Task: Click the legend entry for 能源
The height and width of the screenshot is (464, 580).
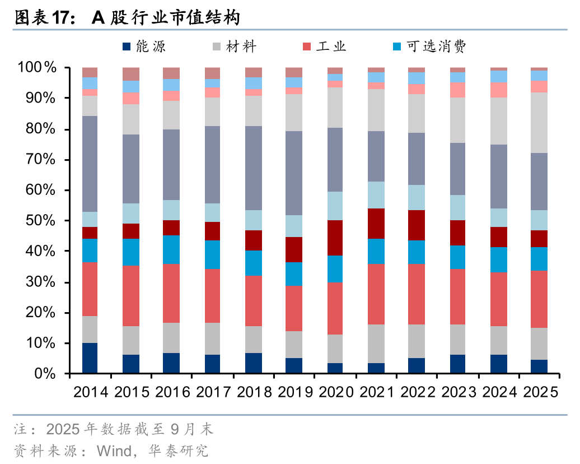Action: pyautogui.click(x=144, y=47)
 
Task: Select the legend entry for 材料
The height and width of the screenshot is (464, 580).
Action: pyautogui.click(x=235, y=47)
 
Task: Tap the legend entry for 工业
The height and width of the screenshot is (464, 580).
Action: pyautogui.click(x=325, y=47)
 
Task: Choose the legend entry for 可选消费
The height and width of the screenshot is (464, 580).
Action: pyautogui.click(x=429, y=47)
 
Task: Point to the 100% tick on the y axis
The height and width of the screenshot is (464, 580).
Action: pyautogui.click(x=38, y=68)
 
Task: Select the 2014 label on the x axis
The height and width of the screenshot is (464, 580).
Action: pyautogui.click(x=90, y=392)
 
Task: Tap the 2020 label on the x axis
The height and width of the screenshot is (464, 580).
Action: pyautogui.click(x=335, y=392)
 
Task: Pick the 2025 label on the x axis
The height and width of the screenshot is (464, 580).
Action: pyautogui.click(x=539, y=392)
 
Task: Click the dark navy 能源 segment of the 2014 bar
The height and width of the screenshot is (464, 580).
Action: pyautogui.click(x=90, y=358)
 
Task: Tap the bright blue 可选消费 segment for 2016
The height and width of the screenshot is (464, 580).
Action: pyautogui.click(x=171, y=249)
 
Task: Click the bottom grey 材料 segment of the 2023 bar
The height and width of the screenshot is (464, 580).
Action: pyautogui.click(x=457, y=340)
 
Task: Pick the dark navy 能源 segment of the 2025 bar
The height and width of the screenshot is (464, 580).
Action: pyautogui.click(x=539, y=366)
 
